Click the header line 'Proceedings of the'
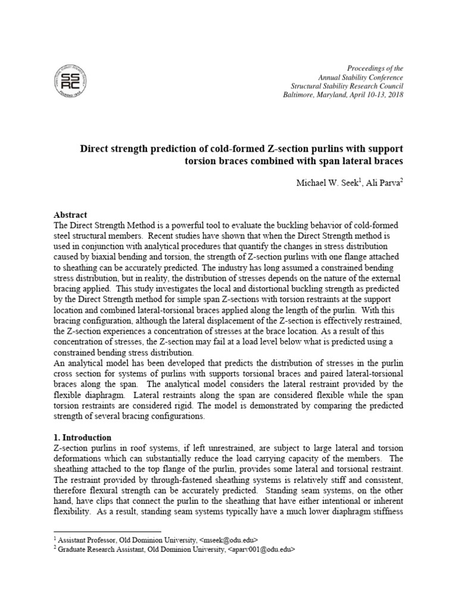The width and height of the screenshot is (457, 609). click(x=374, y=69)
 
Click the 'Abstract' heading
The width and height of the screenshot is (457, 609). click(x=70, y=215)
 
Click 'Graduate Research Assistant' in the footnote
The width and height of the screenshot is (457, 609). click(x=99, y=550)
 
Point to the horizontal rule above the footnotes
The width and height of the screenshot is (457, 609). click(x=107, y=531)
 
